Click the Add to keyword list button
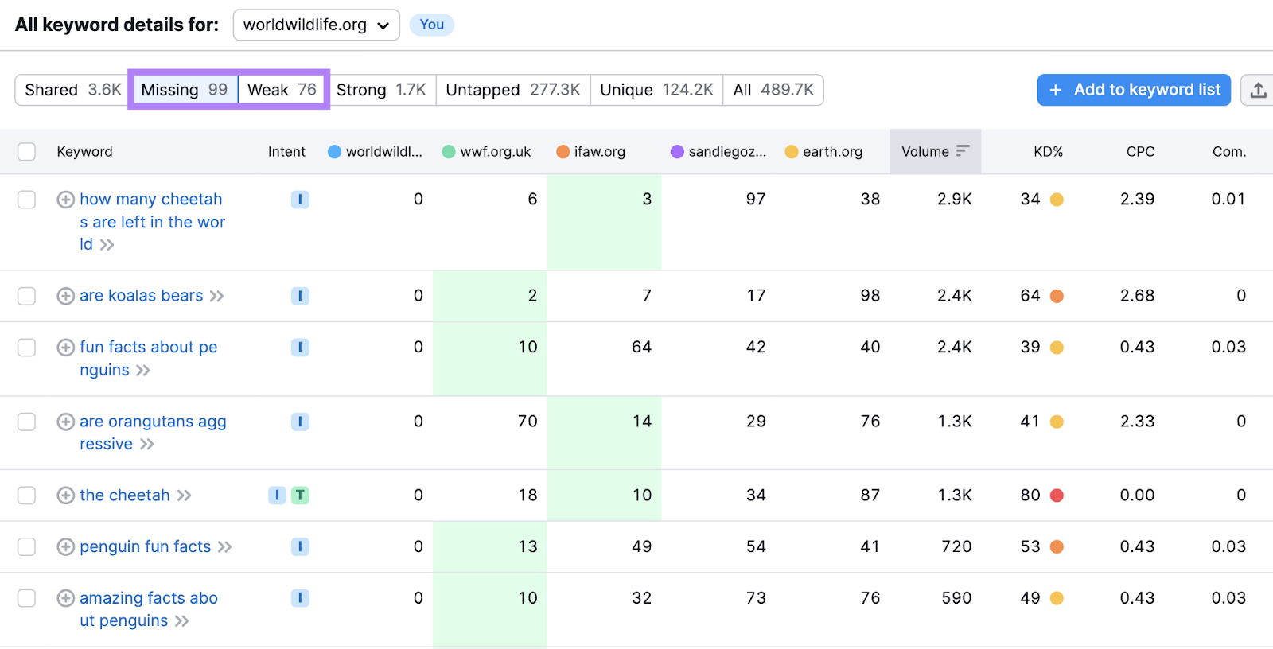1134,90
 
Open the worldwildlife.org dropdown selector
316,25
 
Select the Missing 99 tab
184,90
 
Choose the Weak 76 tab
282,90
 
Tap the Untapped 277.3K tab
512,90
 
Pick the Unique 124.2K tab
656,90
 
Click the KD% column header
1048,151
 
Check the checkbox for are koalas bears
27,296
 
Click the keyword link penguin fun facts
146,546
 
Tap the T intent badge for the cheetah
300,495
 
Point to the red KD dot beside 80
1057,495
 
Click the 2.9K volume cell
954,199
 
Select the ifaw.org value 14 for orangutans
641,421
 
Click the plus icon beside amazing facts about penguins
66,598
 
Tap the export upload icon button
1258,90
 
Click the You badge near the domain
431,25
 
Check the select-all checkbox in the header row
27,151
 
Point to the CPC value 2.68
1136,296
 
